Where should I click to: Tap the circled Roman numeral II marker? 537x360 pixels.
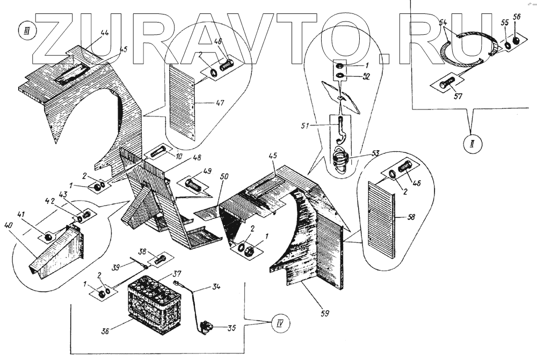click(472, 143)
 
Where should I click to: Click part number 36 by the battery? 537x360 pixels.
click(106, 331)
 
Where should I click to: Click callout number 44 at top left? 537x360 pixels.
click(104, 33)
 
